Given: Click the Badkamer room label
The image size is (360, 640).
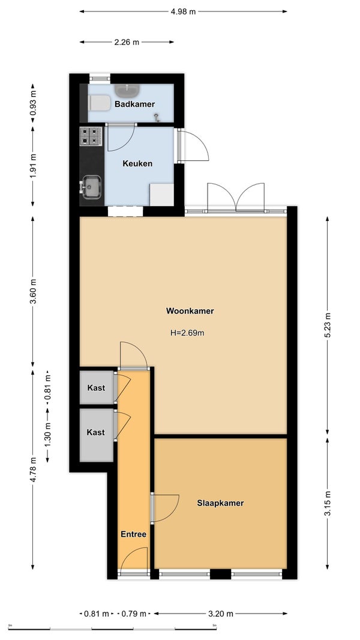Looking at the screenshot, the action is click(134, 104).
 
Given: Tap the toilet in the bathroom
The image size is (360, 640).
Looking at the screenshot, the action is click(100, 103).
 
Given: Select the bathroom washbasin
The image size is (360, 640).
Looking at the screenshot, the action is click(127, 90).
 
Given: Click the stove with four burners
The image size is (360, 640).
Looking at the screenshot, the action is click(91, 136).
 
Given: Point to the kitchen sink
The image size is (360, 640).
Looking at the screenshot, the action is click(91, 187).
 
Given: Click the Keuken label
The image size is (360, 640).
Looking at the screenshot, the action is click(137, 164).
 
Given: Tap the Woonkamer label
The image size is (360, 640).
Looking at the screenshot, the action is click(190, 311).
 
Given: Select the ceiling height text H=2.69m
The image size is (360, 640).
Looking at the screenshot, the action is click(187, 333).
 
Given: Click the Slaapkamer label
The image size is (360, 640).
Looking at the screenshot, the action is click(221, 503).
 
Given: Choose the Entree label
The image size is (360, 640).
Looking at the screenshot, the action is click(133, 534).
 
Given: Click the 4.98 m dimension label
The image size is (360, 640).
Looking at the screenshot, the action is click(183, 11).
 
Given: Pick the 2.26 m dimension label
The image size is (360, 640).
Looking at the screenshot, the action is click(127, 41).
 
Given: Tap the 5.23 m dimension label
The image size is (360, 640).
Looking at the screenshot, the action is click(327, 325).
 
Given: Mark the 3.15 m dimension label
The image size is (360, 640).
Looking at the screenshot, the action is click(327, 503).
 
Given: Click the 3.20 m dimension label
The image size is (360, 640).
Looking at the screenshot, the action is click(221, 613).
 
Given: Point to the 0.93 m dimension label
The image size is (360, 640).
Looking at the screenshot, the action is click(33, 103).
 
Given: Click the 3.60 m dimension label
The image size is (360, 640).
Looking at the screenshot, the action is click(33, 291).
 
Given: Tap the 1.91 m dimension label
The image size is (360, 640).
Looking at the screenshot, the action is click(33, 165).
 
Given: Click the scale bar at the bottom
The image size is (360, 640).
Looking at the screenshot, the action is click(112, 629).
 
